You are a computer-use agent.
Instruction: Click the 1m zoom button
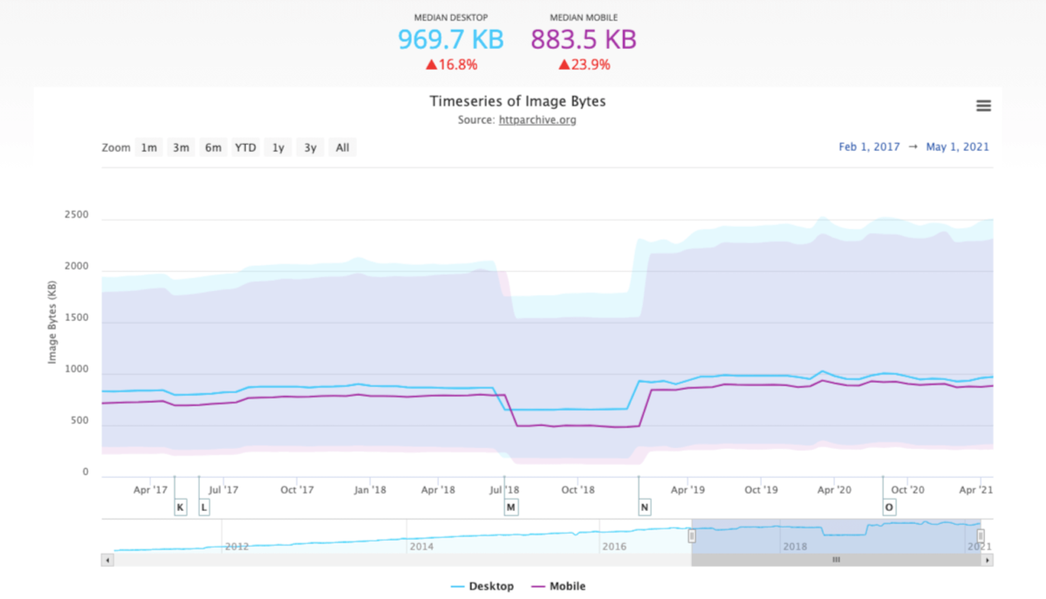(149, 148)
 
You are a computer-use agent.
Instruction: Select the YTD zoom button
(245, 148)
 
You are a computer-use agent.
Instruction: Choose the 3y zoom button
(310, 148)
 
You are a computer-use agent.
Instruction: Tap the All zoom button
(342, 148)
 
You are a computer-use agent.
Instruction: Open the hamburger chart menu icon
(983, 106)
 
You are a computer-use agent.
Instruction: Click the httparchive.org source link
(537, 120)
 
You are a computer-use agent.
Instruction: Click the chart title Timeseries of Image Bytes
(518, 101)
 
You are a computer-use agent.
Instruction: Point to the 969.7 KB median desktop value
(451, 39)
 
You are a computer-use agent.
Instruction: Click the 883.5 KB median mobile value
(584, 39)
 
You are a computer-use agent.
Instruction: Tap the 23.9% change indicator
(584, 65)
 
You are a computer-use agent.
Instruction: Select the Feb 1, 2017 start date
(869, 147)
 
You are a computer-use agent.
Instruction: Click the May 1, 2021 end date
(957, 147)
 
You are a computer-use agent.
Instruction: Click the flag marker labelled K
(180, 507)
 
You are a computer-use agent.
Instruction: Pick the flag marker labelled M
(511, 507)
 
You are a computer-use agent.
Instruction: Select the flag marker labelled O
(889, 507)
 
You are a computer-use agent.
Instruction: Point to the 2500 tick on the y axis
(76, 214)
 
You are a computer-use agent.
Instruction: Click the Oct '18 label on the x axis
(577, 489)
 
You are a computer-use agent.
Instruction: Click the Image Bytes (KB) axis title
(52, 323)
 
